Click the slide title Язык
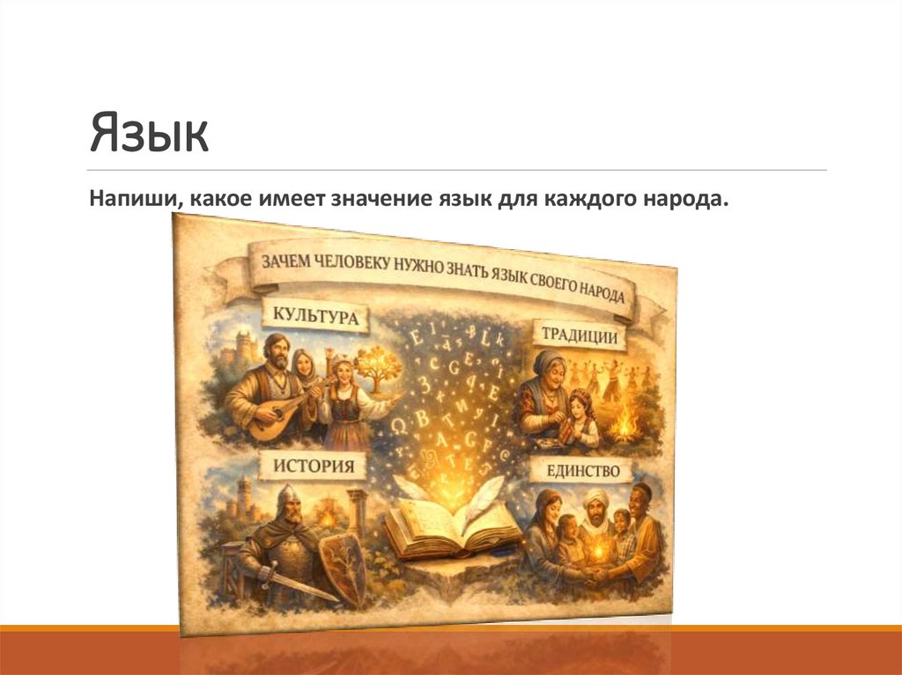(149, 133)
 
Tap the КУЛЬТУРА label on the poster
(315, 316)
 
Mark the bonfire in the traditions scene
(626, 426)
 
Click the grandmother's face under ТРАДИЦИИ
(549, 369)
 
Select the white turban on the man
(596, 497)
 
